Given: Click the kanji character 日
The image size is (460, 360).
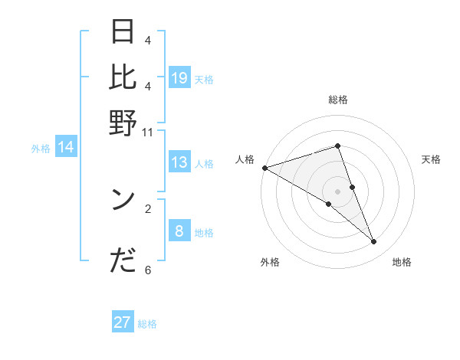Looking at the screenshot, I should (x=123, y=33).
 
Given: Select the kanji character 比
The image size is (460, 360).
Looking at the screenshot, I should (x=123, y=77).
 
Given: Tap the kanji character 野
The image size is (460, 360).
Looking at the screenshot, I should (x=123, y=123).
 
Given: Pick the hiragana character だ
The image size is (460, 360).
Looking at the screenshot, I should (x=123, y=261).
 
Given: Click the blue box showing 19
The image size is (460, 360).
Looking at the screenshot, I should (x=179, y=78).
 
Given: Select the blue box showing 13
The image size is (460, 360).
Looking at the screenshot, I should (x=179, y=162).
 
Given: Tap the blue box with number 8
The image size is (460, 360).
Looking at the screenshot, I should (x=179, y=231).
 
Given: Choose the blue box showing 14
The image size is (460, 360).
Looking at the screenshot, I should (x=66, y=148).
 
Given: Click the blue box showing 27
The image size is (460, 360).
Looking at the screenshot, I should (x=123, y=322).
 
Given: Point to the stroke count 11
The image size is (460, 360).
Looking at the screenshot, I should (x=148, y=132).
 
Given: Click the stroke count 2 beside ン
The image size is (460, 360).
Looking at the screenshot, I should (x=148, y=208).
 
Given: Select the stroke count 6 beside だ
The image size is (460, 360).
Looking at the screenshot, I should (x=148, y=270).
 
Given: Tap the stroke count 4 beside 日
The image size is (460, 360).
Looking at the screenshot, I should (x=148, y=41).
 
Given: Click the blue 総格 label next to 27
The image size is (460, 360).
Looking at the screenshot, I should (x=147, y=324).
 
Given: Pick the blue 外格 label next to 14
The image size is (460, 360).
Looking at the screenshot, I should (x=40, y=149).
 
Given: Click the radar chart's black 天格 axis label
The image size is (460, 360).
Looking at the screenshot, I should (x=431, y=159).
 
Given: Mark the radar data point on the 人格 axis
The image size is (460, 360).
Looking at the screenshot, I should (x=264, y=167).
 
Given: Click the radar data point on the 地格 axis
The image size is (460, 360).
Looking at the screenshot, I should (x=374, y=242).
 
